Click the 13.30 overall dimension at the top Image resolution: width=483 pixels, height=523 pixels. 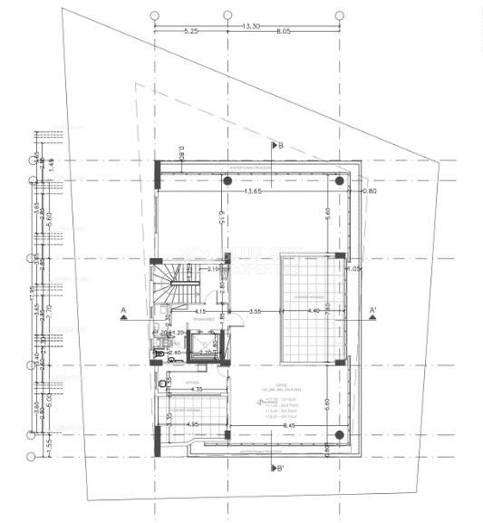pos(251,25)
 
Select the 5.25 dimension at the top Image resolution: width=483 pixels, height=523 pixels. pos(190,31)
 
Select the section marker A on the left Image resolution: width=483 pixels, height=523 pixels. pos(122,312)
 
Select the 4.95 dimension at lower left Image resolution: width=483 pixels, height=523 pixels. pos(191,423)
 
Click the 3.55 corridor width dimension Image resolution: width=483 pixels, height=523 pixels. pos(256,311)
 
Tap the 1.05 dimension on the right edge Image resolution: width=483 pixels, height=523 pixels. pos(354,268)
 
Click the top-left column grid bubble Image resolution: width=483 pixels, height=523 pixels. pos(154,15)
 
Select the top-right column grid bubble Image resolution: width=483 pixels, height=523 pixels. pos(340,15)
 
